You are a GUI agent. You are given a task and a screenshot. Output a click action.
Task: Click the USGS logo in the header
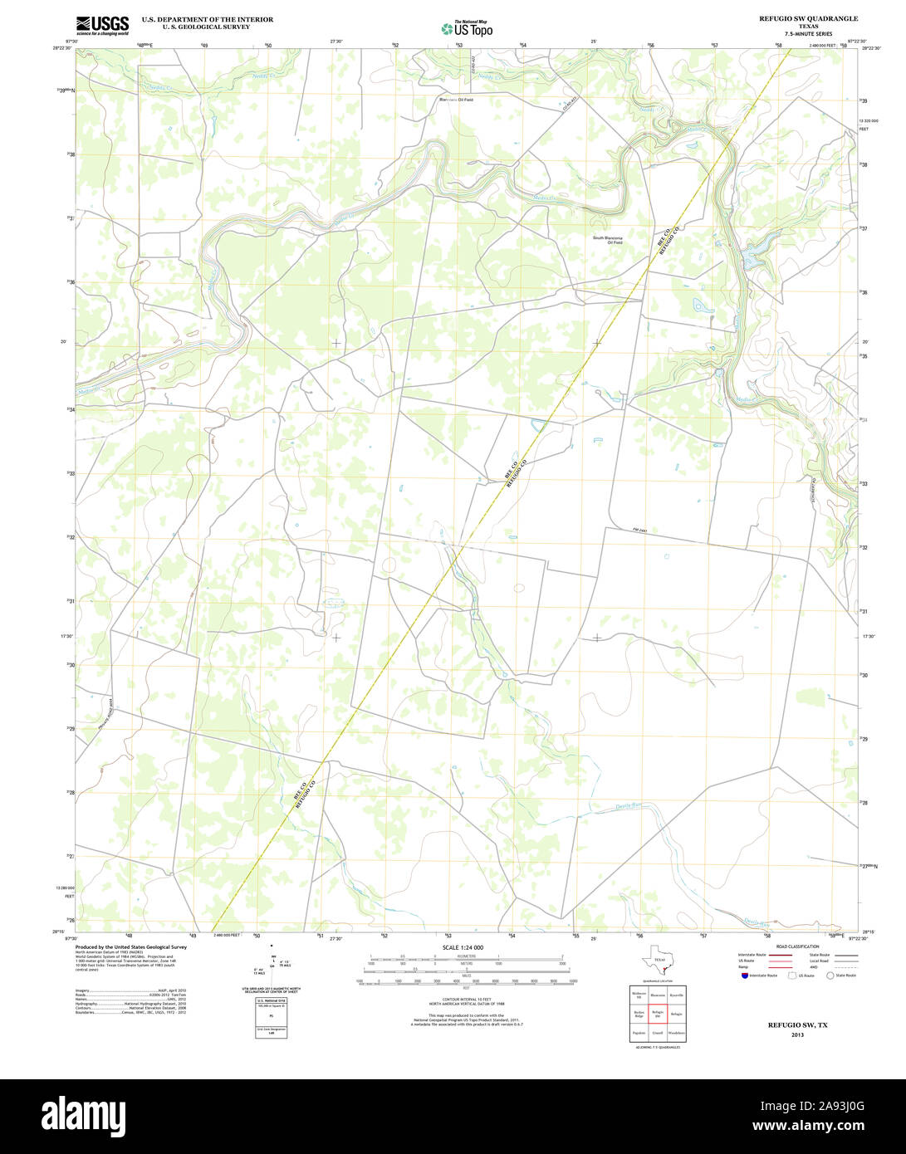pyautogui.click(x=101, y=26)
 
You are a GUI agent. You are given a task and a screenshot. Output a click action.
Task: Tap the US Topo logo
pyautogui.click(x=467, y=28)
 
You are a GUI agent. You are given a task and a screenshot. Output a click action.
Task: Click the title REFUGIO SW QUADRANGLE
pyautogui.click(x=808, y=18)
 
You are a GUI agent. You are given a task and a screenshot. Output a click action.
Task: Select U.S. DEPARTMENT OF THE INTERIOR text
pyautogui.click(x=207, y=18)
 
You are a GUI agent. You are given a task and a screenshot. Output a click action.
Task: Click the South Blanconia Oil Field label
pyautogui.click(x=607, y=240)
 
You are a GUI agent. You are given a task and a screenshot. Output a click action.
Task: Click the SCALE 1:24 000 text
pyautogui.click(x=463, y=947)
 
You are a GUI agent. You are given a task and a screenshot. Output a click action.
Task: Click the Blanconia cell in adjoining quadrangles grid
pyautogui.click(x=658, y=994)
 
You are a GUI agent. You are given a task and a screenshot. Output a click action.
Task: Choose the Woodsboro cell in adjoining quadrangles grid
pyautogui.click(x=677, y=1033)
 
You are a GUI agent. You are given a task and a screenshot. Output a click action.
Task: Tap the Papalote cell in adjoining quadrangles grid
pyautogui.click(x=639, y=1033)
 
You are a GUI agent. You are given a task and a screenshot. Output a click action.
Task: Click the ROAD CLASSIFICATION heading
pyautogui.click(x=796, y=946)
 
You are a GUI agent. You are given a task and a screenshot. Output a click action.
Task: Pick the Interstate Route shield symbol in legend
pyautogui.click(x=743, y=976)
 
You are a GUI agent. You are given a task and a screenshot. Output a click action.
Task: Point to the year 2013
pyautogui.click(x=797, y=1035)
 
